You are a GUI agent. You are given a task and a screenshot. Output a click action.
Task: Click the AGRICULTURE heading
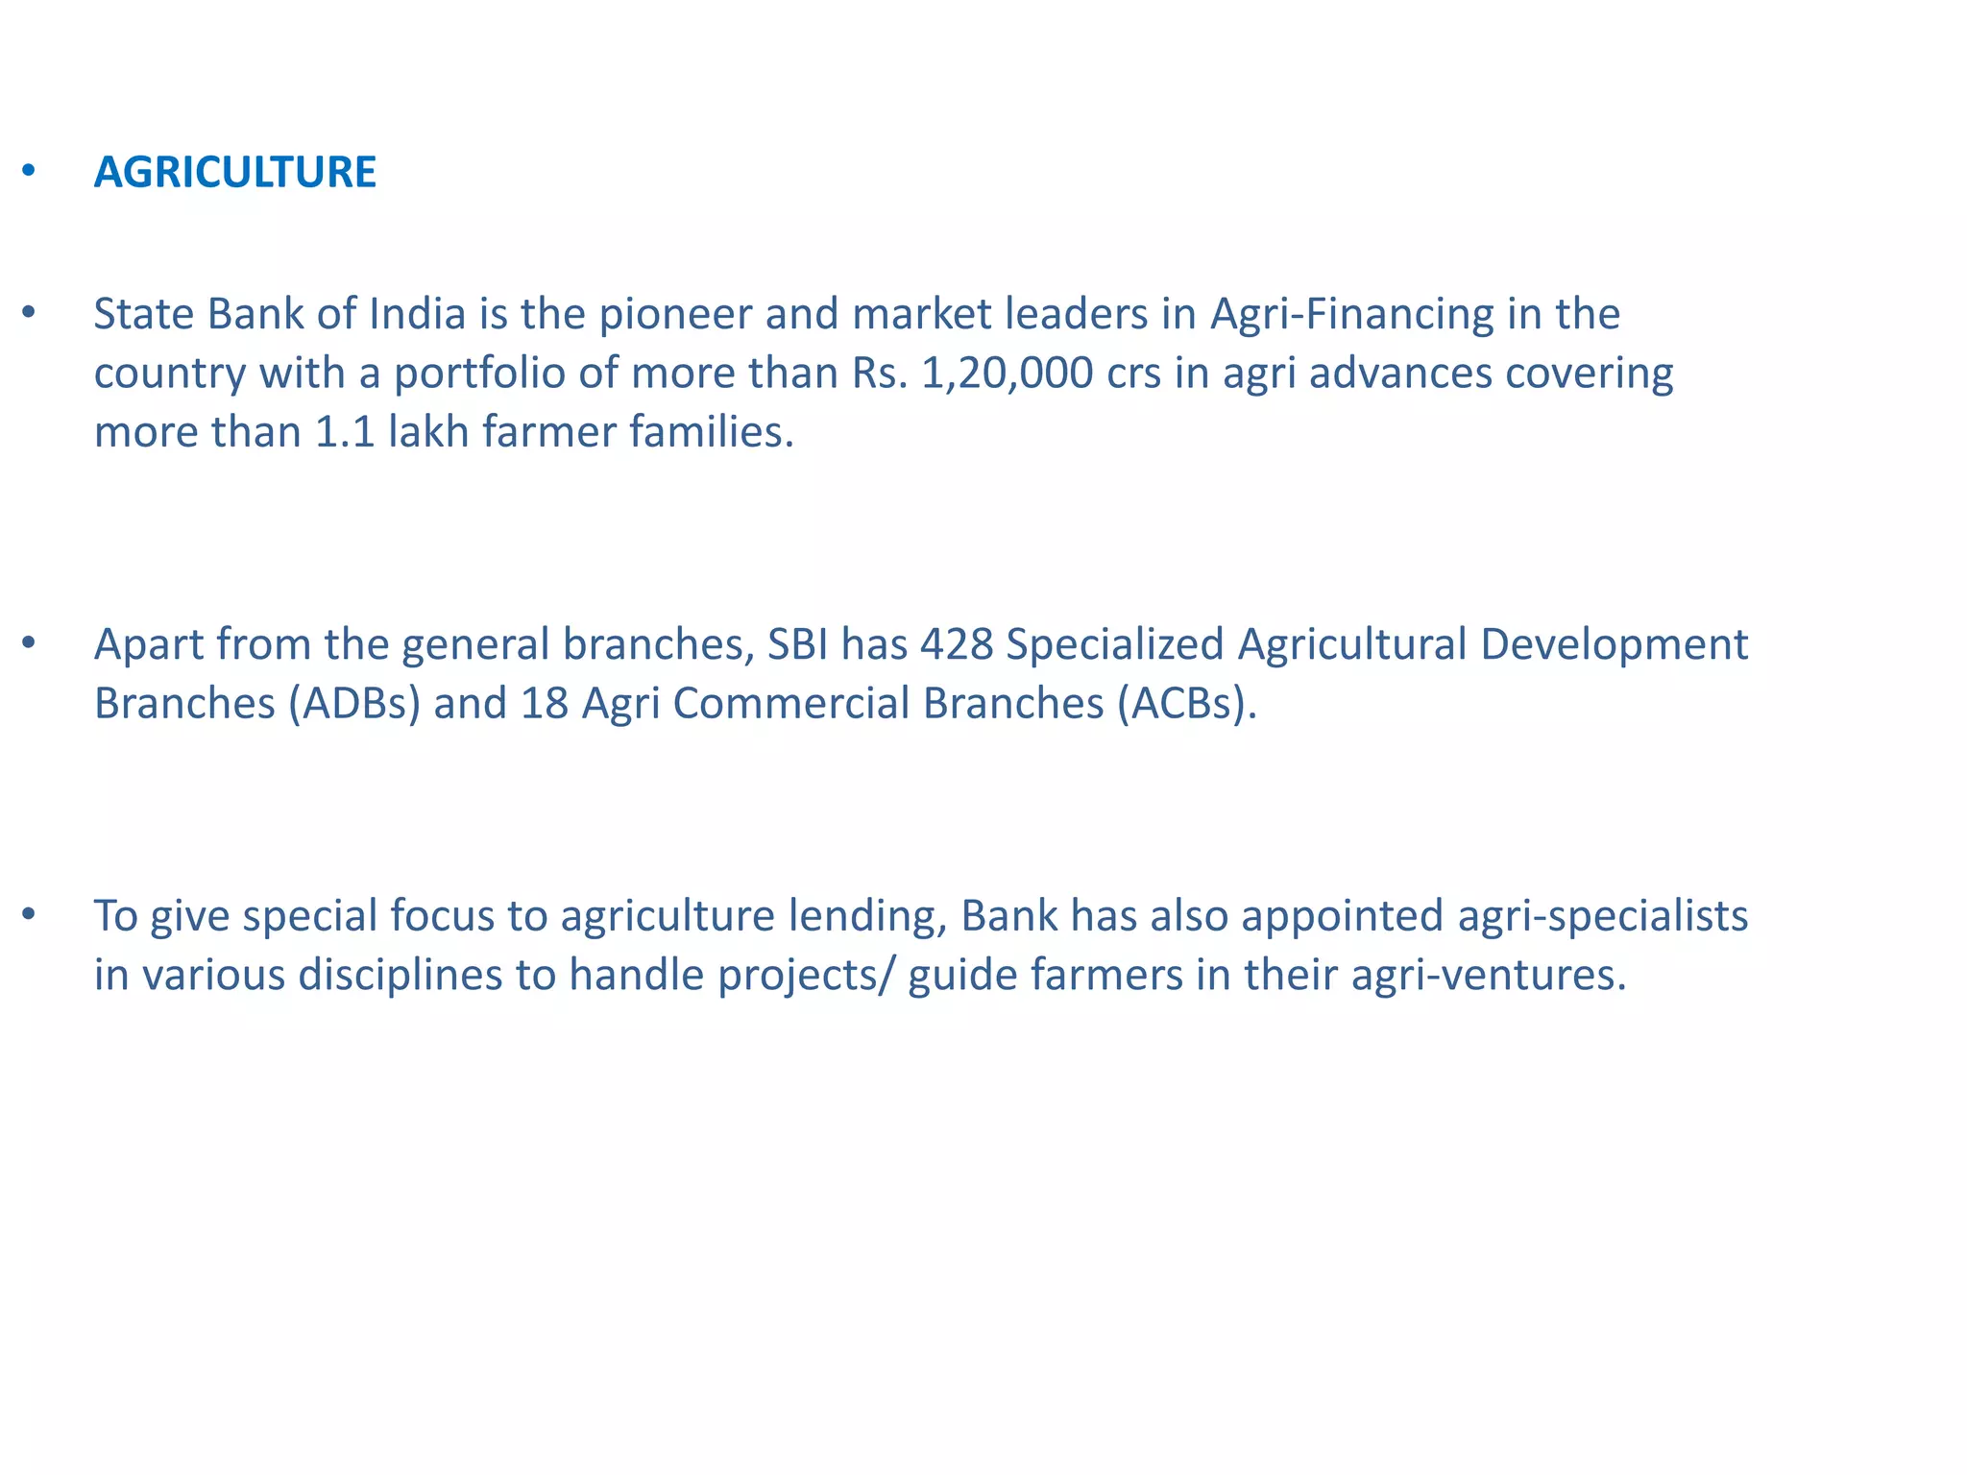tap(234, 173)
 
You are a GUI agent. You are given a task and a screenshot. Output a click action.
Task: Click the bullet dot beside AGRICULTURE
tap(29, 172)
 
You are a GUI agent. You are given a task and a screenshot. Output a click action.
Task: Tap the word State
tap(144, 314)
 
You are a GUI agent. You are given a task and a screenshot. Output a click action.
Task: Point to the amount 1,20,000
tap(1007, 374)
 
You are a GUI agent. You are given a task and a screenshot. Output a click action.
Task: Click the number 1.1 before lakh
tap(344, 432)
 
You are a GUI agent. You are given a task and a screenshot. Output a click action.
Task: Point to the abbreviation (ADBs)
tap(353, 704)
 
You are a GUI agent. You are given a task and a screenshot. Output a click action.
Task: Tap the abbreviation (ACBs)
tap(1186, 704)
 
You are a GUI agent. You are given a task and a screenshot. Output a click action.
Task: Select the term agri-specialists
tap(1602, 917)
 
